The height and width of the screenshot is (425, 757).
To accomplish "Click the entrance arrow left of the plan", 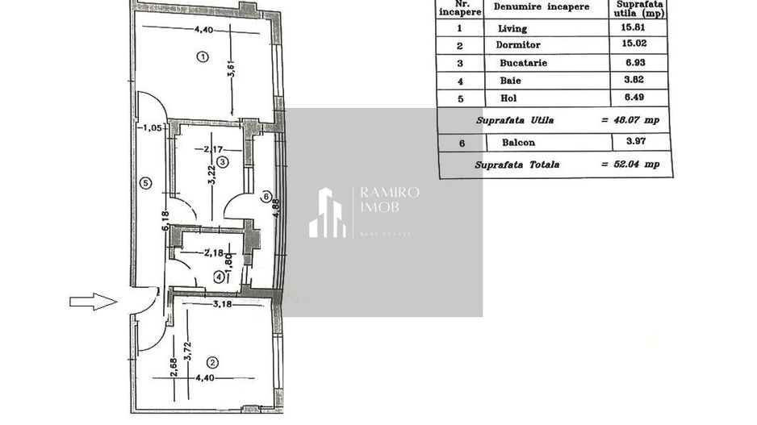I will point(93,302).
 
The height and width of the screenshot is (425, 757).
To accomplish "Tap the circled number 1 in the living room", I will point(202,57).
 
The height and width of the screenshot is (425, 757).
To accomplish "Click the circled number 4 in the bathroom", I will point(218,277).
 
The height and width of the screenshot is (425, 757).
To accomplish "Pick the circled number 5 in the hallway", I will point(144,182).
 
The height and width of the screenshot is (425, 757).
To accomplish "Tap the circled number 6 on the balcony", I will point(266,196).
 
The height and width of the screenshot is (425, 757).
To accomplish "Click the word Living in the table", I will point(512,28).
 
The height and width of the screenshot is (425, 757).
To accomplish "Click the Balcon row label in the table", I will point(519,142).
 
